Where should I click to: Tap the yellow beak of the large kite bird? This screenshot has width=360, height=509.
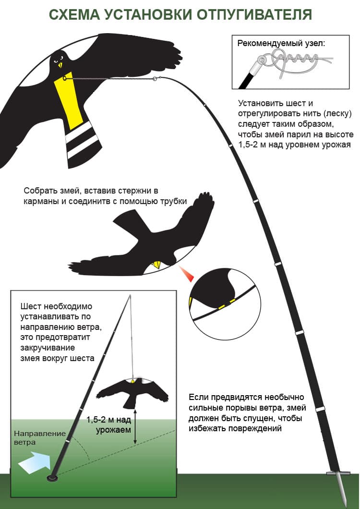[x=60, y=65]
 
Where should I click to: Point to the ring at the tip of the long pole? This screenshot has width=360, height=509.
[x=155, y=78]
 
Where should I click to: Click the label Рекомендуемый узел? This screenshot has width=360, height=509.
[x=281, y=43]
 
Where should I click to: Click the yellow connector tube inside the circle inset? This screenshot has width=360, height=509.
[x=226, y=304]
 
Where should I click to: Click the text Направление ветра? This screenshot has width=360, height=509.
[x=40, y=438]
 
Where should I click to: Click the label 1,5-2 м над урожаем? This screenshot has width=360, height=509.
[x=109, y=424]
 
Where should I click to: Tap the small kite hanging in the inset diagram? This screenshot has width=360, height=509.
[x=132, y=393]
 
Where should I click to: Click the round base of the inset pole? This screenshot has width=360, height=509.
[x=52, y=478]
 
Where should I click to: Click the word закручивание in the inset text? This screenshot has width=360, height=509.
[x=48, y=348]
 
